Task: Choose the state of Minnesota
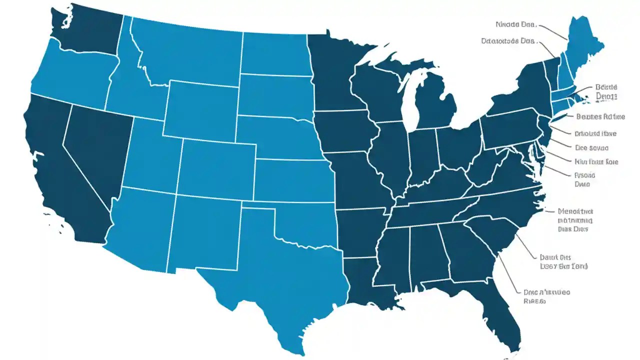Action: click(332, 75)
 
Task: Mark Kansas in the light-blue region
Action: click(292, 180)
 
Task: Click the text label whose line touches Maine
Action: click(515, 24)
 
